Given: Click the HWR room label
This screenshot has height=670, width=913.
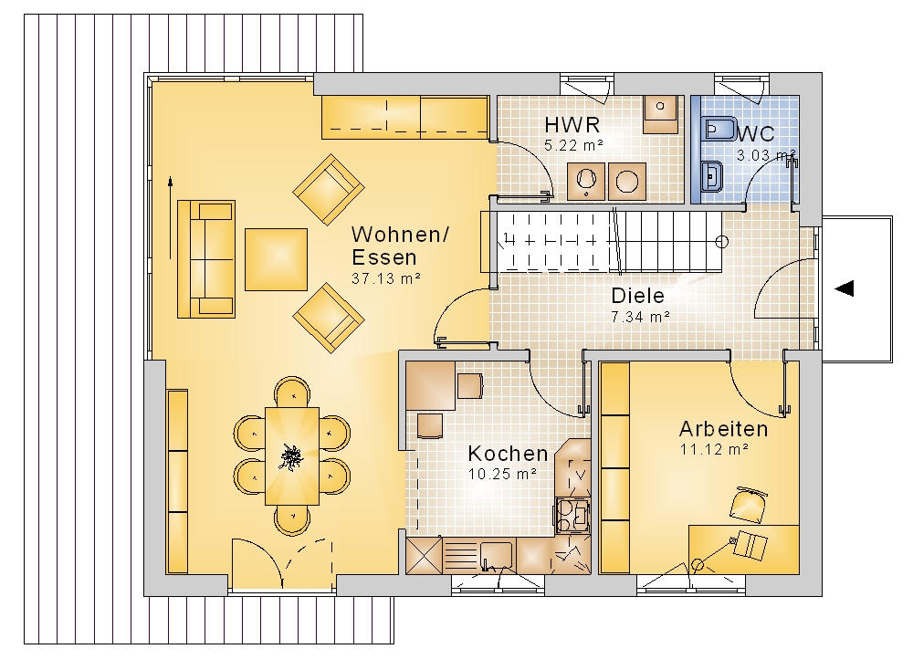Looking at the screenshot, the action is coord(572,124).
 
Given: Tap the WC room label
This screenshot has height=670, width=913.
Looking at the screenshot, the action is coord(756,134).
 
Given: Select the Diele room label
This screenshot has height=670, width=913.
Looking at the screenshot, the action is coord(637,296).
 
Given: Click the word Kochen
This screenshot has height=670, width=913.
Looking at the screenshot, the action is coord(508,454).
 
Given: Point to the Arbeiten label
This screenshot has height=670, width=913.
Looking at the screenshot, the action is coord(724,429).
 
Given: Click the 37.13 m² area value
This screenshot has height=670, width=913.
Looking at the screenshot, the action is coord(386,278).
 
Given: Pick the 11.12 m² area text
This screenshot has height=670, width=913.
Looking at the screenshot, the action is coord(714,449).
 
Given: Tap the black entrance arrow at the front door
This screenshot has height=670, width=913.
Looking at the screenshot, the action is coord(845,288).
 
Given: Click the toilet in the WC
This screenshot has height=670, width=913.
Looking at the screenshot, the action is coord(714,129).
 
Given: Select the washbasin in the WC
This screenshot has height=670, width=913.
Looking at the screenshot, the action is coord(712,175).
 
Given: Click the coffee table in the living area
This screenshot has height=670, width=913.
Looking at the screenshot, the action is coord(276,259).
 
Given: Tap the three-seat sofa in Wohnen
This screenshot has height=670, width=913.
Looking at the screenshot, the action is coord(206,259).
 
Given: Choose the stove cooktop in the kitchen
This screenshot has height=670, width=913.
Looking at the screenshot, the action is coord(573,515).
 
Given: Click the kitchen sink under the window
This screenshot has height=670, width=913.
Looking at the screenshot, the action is coord(496,556).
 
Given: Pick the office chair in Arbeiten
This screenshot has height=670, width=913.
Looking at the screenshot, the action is coord(748,504).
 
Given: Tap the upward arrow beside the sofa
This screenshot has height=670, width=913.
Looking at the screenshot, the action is coord(171,218).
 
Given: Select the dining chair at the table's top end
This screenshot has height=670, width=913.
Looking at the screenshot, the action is coord(292,392).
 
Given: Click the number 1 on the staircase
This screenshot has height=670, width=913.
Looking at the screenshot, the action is coord(506,237).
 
